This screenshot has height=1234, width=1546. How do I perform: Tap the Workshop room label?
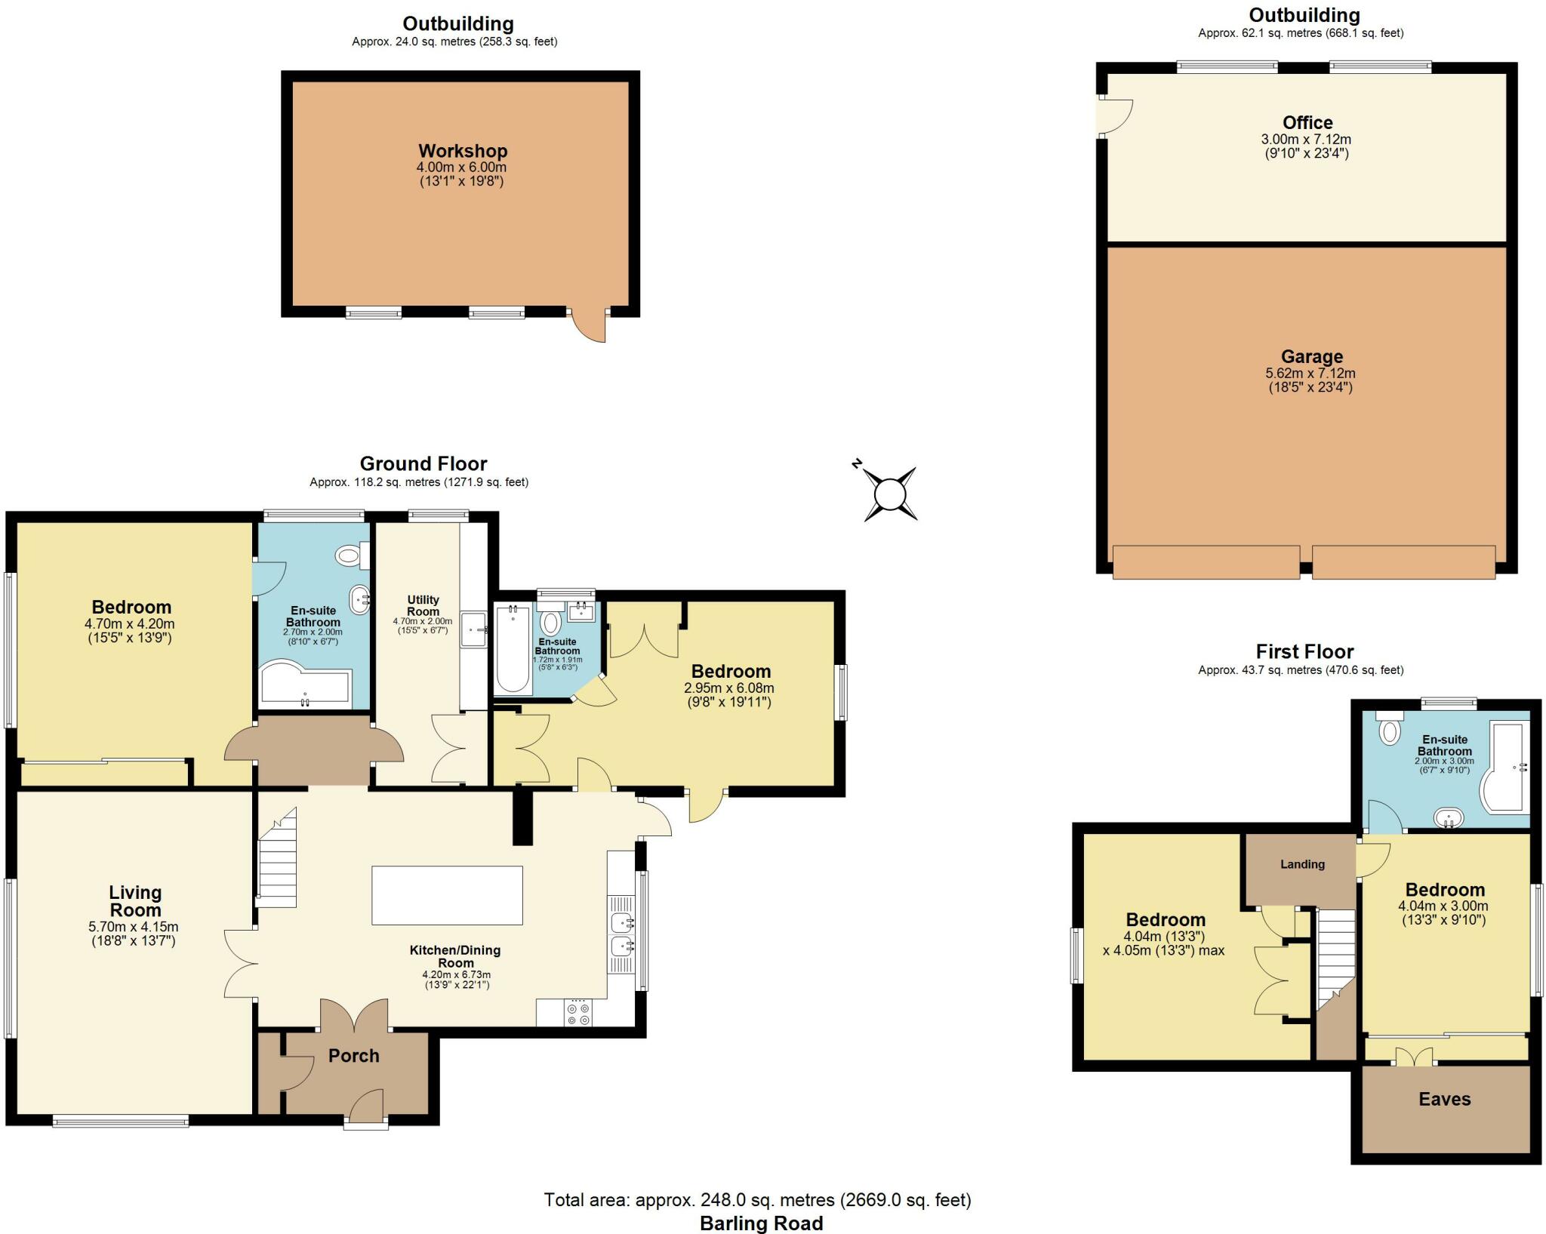463,151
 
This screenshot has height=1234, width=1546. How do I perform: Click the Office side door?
1116,115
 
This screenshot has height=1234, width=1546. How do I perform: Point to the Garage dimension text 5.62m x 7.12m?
1310,373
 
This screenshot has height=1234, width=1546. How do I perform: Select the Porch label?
353,1056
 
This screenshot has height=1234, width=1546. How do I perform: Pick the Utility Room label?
423,605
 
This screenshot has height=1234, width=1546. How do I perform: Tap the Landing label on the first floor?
1302,864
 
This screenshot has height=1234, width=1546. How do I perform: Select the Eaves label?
1444,1099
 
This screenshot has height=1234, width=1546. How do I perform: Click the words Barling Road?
761,1223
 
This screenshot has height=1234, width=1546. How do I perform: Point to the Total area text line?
757,1199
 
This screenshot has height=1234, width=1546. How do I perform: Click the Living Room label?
135,901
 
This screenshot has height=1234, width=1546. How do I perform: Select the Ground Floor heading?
423,463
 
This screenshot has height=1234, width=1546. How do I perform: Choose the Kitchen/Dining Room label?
455,956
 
